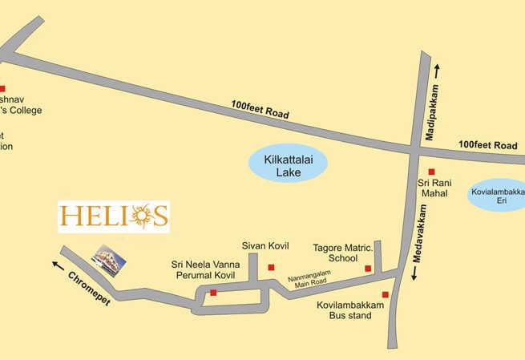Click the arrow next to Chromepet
[56, 264]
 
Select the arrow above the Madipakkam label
[437, 72]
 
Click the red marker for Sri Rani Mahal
[431, 172]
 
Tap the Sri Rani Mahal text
[434, 188]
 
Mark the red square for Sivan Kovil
[271, 267]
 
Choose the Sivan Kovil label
[265, 245]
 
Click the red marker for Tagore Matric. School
[368, 268]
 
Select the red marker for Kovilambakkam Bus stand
[385, 294]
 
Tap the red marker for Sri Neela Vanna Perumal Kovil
[212, 293]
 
